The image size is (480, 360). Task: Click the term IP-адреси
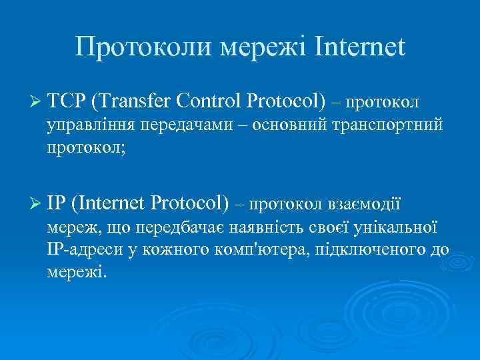(x=82, y=251)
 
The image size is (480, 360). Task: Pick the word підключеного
(x=369, y=251)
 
